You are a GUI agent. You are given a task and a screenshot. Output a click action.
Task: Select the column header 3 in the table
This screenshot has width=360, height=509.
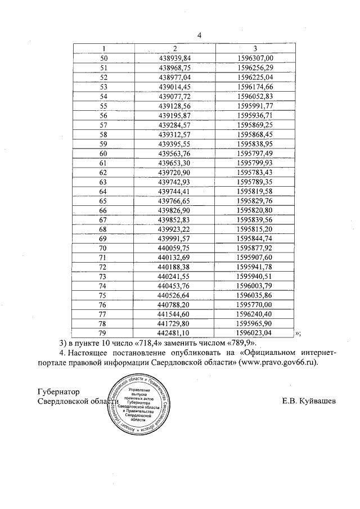[255, 48]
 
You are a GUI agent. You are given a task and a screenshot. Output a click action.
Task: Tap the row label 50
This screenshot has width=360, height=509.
[103, 58]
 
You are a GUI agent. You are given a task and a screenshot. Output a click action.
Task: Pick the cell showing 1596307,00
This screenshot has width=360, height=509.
[255, 58]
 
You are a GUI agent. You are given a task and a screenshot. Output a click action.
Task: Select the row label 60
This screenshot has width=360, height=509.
[103, 154]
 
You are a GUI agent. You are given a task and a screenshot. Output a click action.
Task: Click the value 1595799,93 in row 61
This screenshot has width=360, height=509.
[255, 163]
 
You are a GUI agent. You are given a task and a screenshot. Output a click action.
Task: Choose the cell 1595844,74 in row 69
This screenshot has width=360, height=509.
[255, 239]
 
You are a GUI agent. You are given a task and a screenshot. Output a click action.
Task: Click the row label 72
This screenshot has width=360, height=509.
[103, 268]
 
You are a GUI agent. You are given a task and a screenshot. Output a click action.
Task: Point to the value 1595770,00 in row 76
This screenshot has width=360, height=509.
[255, 305]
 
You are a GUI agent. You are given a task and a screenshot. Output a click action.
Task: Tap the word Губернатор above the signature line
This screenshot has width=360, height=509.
[58, 391]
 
